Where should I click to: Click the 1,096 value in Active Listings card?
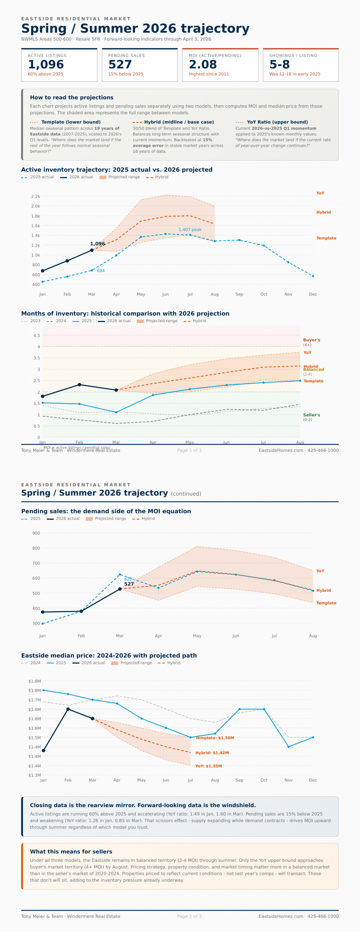click(46, 64)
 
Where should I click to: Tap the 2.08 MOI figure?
click(203, 64)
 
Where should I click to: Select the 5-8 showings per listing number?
click(280, 64)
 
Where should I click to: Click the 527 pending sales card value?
click(120, 64)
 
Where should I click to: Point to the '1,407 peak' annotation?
click(190, 230)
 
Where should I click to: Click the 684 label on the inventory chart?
click(101, 271)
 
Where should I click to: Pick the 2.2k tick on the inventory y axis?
click(36, 197)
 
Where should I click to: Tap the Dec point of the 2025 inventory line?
click(313, 276)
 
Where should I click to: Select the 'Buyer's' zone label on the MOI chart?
click(312, 340)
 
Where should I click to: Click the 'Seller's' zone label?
click(312, 415)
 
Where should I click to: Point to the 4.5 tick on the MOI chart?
click(37, 336)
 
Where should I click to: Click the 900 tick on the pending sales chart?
click(36, 533)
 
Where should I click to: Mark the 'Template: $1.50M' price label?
click(215, 738)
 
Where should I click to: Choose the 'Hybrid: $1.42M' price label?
click(212, 753)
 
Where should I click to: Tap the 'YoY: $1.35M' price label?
click(209, 766)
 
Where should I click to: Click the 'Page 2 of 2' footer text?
click(189, 916)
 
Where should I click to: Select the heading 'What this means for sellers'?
click(71, 852)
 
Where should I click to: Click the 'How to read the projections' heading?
click(72, 98)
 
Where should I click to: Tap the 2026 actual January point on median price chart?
click(44, 750)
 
